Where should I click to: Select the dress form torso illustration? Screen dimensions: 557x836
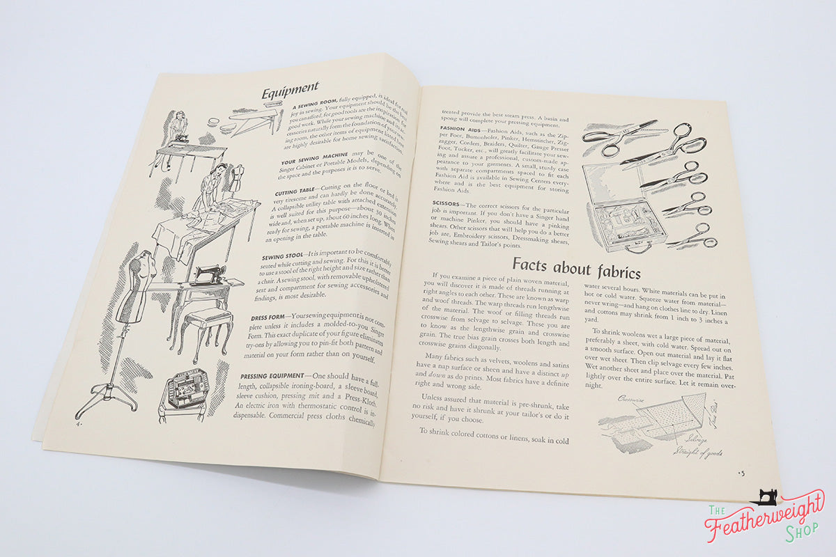(137, 292)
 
